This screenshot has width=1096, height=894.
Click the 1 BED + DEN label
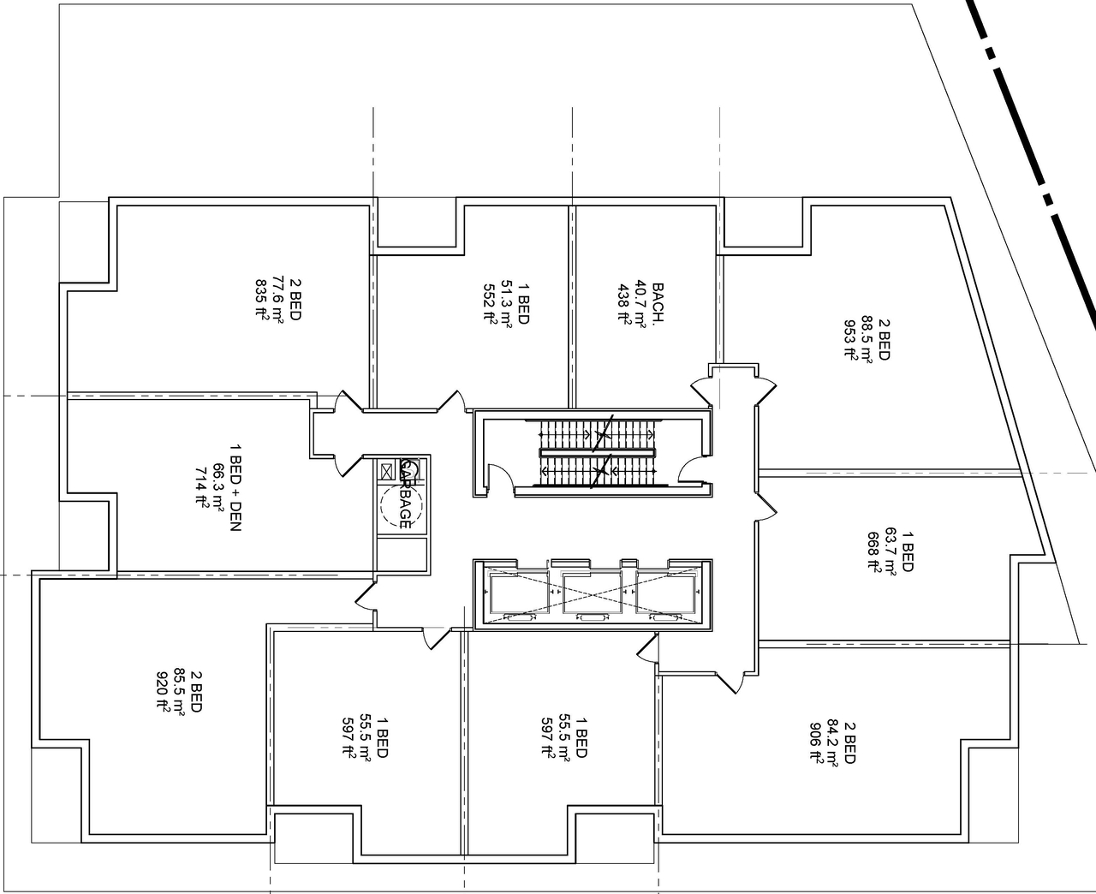click(x=235, y=487)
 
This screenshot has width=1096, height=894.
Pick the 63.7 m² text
click(x=890, y=550)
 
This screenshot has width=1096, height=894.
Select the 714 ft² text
click(x=203, y=487)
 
